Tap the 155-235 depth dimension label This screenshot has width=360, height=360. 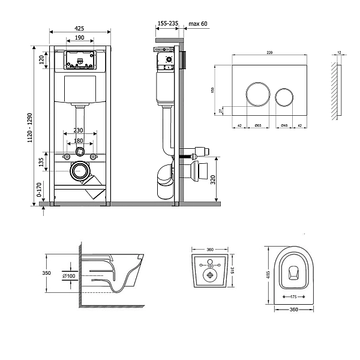167,23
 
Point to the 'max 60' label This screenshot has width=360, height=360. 199,23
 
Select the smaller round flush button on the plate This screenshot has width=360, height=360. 284,97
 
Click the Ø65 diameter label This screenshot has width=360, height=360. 257,125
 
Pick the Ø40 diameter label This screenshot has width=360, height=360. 284,125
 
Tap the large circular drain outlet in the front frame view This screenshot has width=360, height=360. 79,172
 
